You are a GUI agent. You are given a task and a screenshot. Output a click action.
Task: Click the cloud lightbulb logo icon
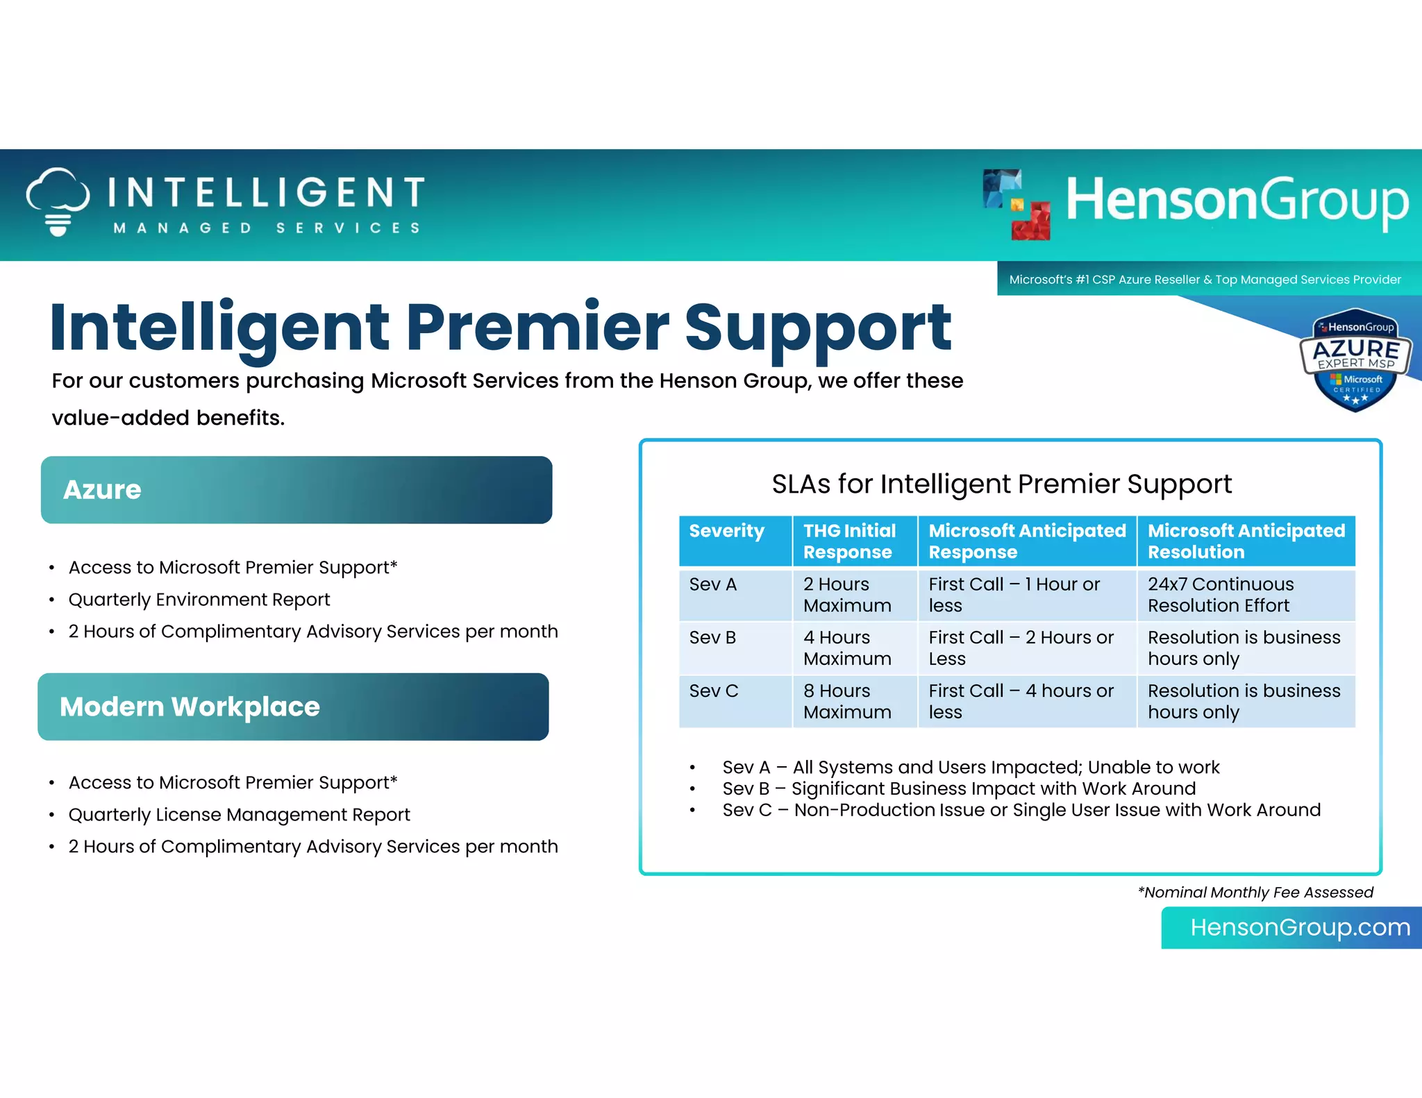58,201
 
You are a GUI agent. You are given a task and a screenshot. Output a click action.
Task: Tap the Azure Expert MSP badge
1355,360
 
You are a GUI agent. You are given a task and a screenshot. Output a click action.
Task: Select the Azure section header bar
296,490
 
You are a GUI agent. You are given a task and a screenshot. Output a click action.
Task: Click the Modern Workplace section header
293,707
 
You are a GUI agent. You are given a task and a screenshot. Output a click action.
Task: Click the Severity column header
727,532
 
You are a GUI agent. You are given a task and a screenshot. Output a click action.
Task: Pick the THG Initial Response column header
850,541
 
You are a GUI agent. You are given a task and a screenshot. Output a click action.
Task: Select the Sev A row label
713,584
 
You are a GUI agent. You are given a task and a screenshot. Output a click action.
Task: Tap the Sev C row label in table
714,691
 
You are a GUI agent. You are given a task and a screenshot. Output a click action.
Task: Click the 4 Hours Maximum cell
848,648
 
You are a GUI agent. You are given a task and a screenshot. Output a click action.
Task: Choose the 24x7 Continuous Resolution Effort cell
1221,595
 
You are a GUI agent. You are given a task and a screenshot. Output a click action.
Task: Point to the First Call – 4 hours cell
1021,701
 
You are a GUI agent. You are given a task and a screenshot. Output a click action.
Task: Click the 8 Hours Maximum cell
848,701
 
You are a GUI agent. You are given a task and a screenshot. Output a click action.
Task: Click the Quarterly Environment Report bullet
199,600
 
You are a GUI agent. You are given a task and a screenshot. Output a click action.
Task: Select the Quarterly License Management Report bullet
239,815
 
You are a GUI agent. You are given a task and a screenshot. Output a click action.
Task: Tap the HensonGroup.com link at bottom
1300,928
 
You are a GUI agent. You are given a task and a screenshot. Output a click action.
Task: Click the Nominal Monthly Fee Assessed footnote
1255,893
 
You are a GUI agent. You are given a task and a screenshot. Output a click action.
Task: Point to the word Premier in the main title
537,328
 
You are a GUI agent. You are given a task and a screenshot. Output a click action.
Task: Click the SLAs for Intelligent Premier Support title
1001,484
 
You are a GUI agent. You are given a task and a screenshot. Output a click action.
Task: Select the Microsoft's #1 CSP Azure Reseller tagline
1205,280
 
